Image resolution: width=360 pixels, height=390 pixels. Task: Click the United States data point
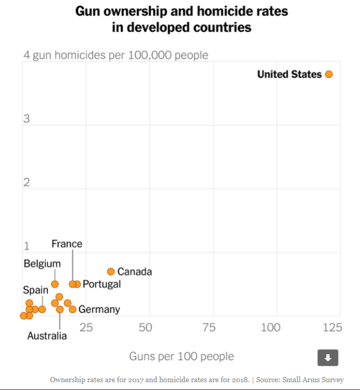pos(329,74)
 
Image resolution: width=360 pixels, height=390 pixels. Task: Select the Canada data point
pos(110,271)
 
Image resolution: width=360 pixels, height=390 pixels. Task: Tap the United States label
pos(289,74)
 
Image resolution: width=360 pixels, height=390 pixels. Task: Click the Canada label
pos(134,272)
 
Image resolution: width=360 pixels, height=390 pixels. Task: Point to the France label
pos(67,244)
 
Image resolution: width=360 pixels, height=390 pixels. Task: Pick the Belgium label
pos(42,264)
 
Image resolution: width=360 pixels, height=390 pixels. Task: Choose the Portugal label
pos(102,284)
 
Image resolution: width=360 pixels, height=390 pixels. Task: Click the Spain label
pos(35,290)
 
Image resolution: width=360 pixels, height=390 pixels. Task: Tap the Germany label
pos(99,309)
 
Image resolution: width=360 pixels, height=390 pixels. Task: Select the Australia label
pos(47,336)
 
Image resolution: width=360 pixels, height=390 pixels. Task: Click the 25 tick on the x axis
pos(86,328)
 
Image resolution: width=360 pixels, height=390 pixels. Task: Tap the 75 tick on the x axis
pos(209,328)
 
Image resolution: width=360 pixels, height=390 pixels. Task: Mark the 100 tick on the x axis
pos(270,328)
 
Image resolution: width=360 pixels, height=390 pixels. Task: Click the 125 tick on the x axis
pos(332,328)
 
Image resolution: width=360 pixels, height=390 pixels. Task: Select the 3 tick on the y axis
pos(27,119)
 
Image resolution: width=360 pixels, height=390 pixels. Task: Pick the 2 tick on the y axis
pos(26,182)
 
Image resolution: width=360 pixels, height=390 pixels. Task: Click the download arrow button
pos(328,358)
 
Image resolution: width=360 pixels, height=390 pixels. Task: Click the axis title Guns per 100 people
pos(181,357)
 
